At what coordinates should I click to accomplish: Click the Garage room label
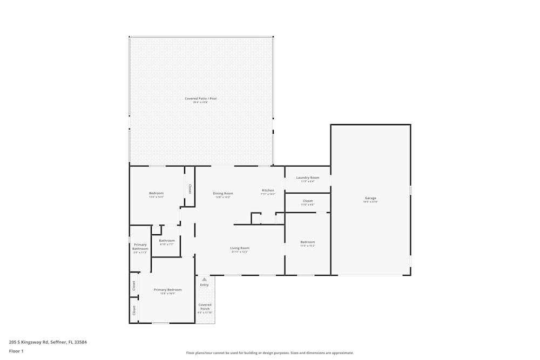point(370,198)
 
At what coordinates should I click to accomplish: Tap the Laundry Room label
point(308,178)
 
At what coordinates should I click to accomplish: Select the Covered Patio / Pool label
point(201,99)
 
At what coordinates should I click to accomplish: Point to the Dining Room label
point(223,193)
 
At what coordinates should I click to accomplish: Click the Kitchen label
point(268,191)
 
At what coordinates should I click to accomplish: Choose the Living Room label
point(240,248)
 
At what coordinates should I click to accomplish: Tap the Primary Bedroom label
point(167,290)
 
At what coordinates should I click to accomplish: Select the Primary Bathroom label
point(140,247)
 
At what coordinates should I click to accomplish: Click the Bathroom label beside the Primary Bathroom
point(167,241)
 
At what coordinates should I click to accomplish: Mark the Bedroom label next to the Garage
point(308,242)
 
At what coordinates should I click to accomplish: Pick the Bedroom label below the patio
point(156,193)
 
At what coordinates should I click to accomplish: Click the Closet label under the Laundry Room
point(308,201)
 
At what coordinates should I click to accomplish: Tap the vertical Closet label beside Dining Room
point(190,189)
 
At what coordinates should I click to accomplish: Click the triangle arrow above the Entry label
point(204,279)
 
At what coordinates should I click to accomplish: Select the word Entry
point(204,285)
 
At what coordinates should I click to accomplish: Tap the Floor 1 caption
point(16,351)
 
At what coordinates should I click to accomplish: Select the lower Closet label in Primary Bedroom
point(134,310)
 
